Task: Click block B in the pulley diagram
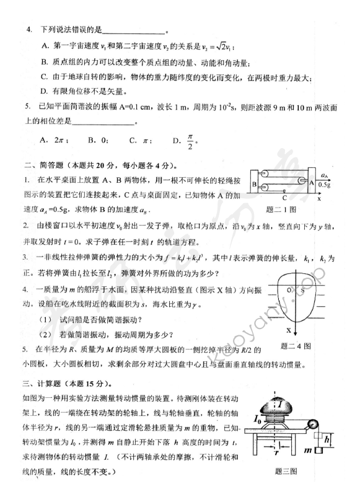click(255, 185)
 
